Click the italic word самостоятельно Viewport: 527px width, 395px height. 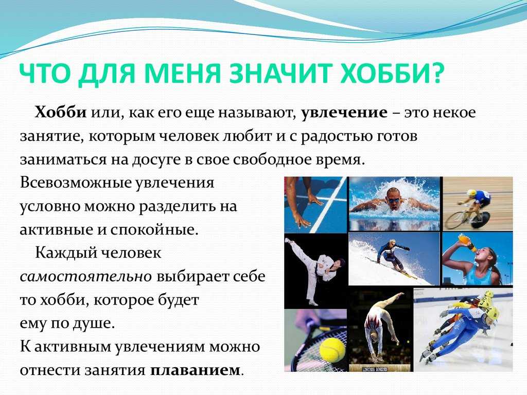point(86,277)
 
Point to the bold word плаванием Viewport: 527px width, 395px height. point(195,370)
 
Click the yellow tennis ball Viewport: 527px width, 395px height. point(332,348)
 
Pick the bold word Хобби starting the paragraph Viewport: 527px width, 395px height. point(61,112)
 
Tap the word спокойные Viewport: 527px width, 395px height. point(154,230)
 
